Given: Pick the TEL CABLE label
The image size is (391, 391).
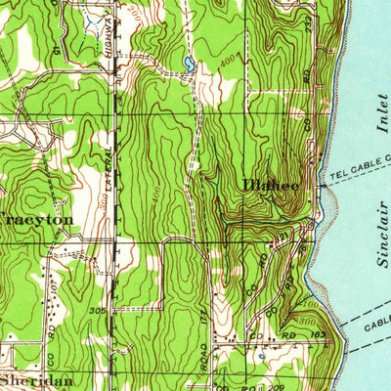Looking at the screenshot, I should (357, 162).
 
